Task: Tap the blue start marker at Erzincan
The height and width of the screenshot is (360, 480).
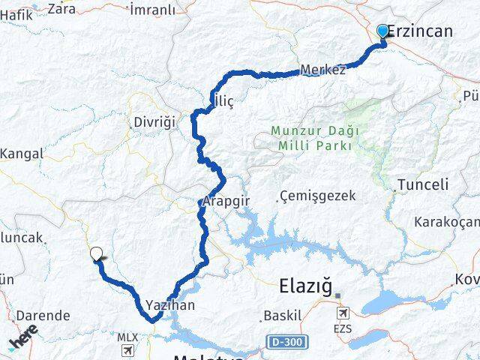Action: click(x=382, y=31)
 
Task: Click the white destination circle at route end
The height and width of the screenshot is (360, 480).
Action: click(x=95, y=253)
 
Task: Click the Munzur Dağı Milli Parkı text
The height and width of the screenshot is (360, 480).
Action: click(x=311, y=138)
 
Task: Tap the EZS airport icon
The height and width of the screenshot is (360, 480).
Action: click(x=343, y=313)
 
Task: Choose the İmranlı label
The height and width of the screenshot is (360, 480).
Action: click(x=152, y=10)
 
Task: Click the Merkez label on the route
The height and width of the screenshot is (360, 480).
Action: click(x=322, y=70)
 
